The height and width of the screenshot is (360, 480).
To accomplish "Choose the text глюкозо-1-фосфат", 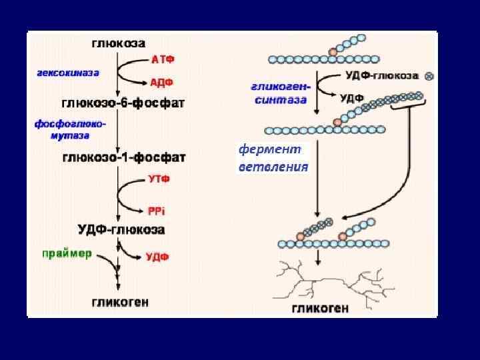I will [124, 157].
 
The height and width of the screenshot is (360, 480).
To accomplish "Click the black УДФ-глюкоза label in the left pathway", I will [123, 230].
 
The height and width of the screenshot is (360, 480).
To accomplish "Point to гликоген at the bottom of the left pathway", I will [120, 302].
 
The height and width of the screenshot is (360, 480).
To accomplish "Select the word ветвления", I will [273, 167].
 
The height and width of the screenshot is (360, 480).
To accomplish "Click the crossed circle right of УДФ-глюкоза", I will [428, 76].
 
